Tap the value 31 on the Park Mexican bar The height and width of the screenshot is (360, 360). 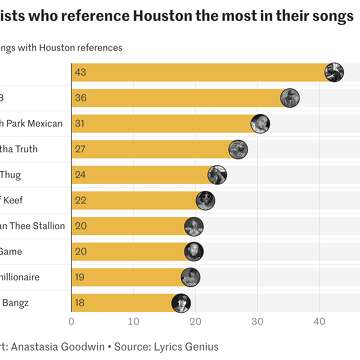80,123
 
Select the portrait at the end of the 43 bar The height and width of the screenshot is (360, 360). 336,72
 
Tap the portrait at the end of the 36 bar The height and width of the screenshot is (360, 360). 290,98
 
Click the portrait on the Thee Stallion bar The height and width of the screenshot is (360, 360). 194,226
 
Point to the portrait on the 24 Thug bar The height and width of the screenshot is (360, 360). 218,175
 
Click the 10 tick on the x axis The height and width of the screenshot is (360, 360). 133,322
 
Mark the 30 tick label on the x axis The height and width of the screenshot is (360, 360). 257,322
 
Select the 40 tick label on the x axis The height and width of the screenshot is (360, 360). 319,322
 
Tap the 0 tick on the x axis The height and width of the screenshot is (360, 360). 71,322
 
